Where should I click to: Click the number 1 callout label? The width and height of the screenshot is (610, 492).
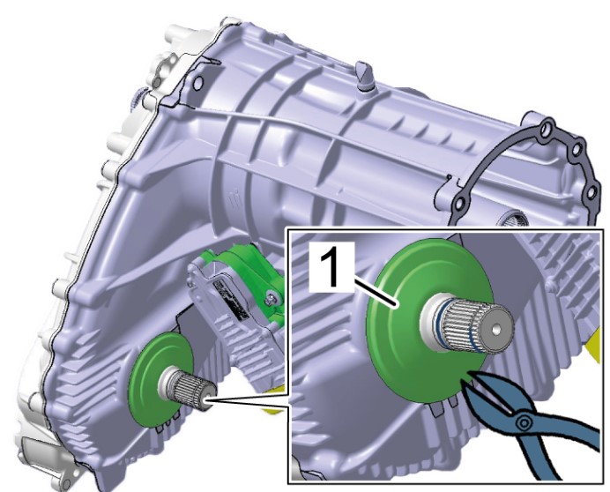point(332,267)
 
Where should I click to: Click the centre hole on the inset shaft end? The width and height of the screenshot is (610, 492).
point(495,330)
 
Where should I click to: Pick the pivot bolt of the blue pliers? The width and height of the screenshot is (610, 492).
point(524,422)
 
